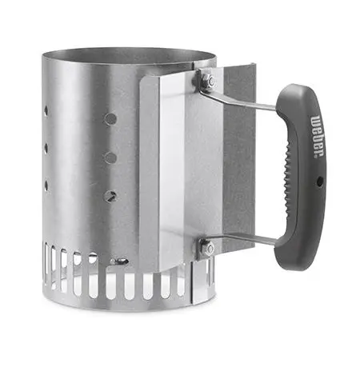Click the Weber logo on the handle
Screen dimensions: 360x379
tap(318, 136)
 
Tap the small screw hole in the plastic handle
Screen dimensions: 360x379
tap(319, 182)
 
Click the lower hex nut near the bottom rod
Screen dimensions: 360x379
tap(208, 249)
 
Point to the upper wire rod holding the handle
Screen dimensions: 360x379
tap(238, 99)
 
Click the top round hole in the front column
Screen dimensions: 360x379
tap(110, 119)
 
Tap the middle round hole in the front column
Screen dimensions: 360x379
tap(110, 158)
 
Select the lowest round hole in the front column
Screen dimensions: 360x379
tap(111, 197)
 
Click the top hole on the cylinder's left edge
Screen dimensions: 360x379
tap(46, 111)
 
